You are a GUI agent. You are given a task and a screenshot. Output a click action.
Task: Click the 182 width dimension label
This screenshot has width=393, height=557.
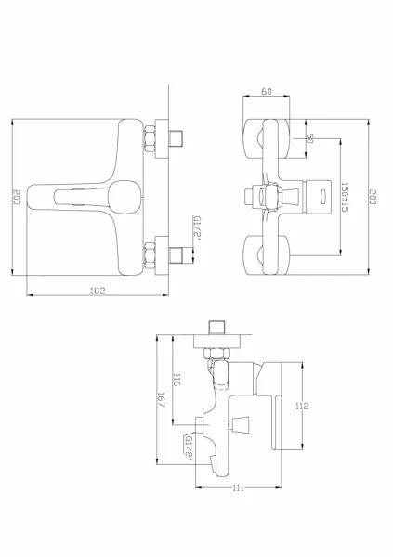tap(98, 291)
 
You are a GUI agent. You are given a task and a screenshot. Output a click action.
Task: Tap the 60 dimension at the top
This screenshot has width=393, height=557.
tap(267, 91)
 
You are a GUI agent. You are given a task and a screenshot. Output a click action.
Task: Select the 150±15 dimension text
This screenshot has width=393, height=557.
tap(345, 197)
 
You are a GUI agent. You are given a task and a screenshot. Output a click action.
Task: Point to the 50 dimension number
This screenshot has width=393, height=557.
tap(309, 138)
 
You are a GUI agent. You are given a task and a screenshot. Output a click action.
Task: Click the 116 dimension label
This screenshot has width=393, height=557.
tap(177, 380)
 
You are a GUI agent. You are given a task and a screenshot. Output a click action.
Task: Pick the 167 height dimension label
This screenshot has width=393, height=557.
tap(161, 399)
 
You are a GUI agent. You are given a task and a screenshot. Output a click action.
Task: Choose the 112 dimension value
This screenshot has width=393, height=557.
tap(302, 406)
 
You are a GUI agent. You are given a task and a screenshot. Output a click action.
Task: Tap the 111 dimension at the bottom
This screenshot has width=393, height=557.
tap(238, 487)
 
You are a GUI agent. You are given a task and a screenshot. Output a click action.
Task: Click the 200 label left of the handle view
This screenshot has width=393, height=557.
tap(17, 197)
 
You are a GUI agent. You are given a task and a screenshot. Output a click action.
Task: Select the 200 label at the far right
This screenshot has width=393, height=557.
tap(373, 197)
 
